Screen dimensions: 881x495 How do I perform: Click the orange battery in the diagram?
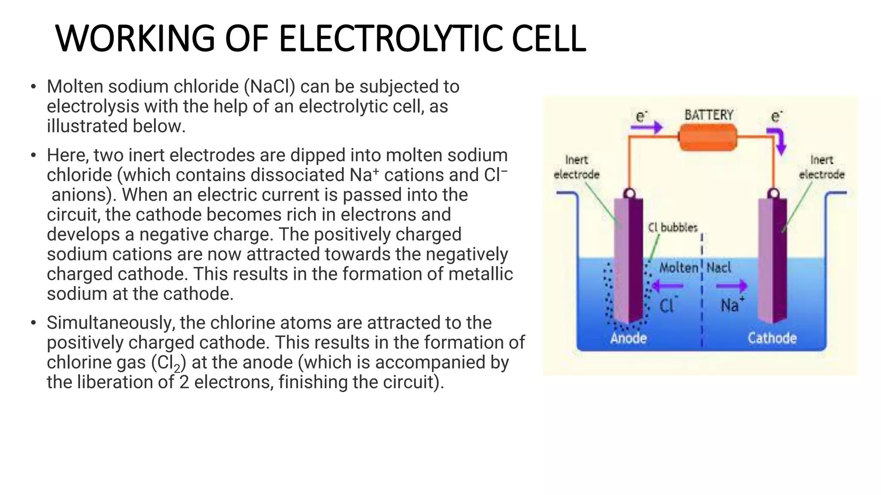(708, 137)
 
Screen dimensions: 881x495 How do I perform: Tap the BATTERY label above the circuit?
(709, 115)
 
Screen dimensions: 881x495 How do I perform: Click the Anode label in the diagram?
(628, 338)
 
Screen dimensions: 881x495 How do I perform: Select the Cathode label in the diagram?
(772, 338)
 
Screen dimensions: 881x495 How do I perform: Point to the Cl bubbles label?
(673, 227)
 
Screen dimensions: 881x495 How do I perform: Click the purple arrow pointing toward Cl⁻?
(667, 286)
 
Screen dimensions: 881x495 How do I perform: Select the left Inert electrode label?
(576, 167)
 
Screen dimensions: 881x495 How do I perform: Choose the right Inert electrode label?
(822, 167)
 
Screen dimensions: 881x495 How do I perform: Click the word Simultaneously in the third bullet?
(111, 323)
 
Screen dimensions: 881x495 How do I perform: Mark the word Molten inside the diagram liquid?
(679, 268)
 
